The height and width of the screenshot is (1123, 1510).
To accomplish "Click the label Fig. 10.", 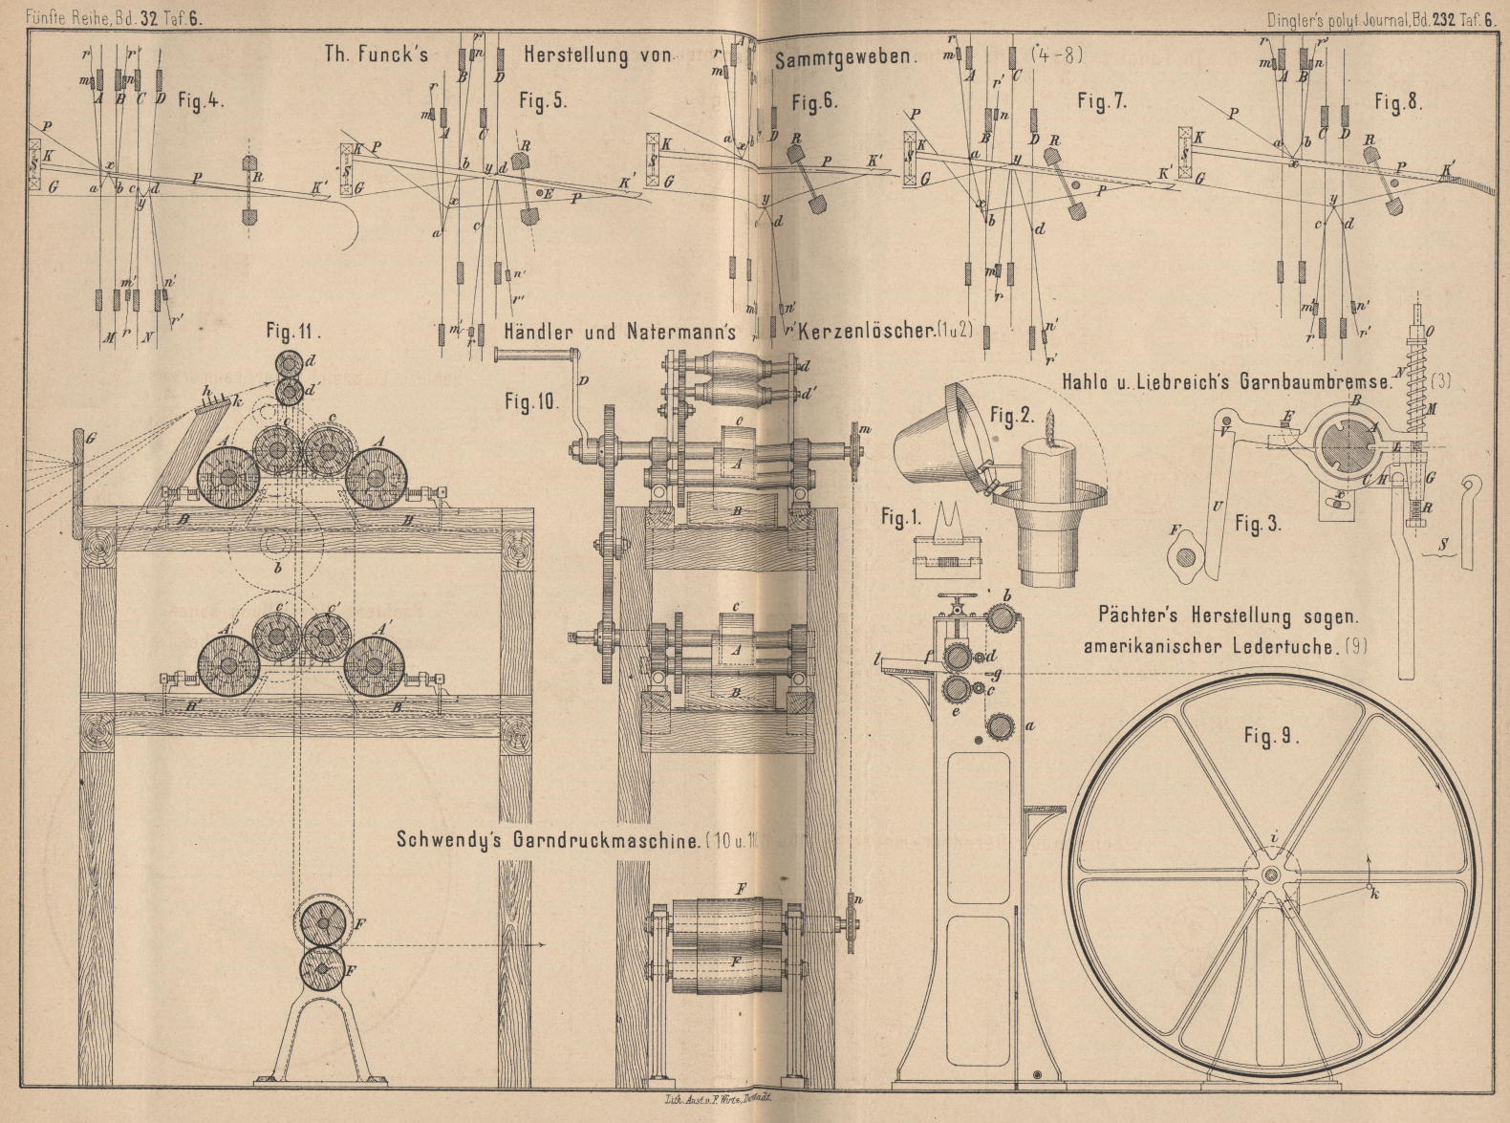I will [x=531, y=402].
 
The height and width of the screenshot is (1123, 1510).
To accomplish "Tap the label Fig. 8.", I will [x=1397, y=102].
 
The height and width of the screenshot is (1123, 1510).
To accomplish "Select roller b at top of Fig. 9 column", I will [x=1000, y=619].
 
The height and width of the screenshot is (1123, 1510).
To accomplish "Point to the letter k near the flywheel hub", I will [x=1374, y=895].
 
